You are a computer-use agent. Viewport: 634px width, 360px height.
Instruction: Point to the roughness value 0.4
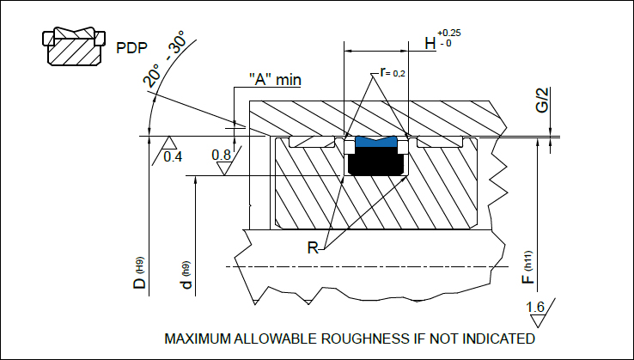(x=173, y=157)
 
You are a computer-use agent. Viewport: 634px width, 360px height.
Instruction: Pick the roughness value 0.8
(x=222, y=156)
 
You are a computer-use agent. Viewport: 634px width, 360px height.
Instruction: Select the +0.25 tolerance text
(x=449, y=32)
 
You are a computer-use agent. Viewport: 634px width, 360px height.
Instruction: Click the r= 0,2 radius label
(x=392, y=73)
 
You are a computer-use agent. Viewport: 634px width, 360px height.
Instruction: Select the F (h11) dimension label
(x=530, y=266)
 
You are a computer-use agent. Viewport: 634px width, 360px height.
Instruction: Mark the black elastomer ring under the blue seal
(x=375, y=162)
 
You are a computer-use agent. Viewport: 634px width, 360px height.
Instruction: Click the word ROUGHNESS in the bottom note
(x=351, y=339)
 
